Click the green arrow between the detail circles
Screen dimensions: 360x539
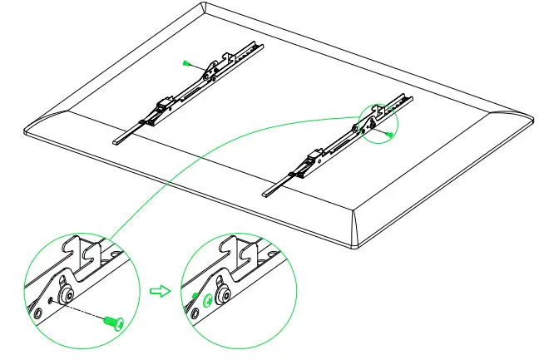tap(156, 290)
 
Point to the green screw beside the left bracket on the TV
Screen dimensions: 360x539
tap(186, 62)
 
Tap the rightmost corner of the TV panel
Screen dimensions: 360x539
tap(529, 116)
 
